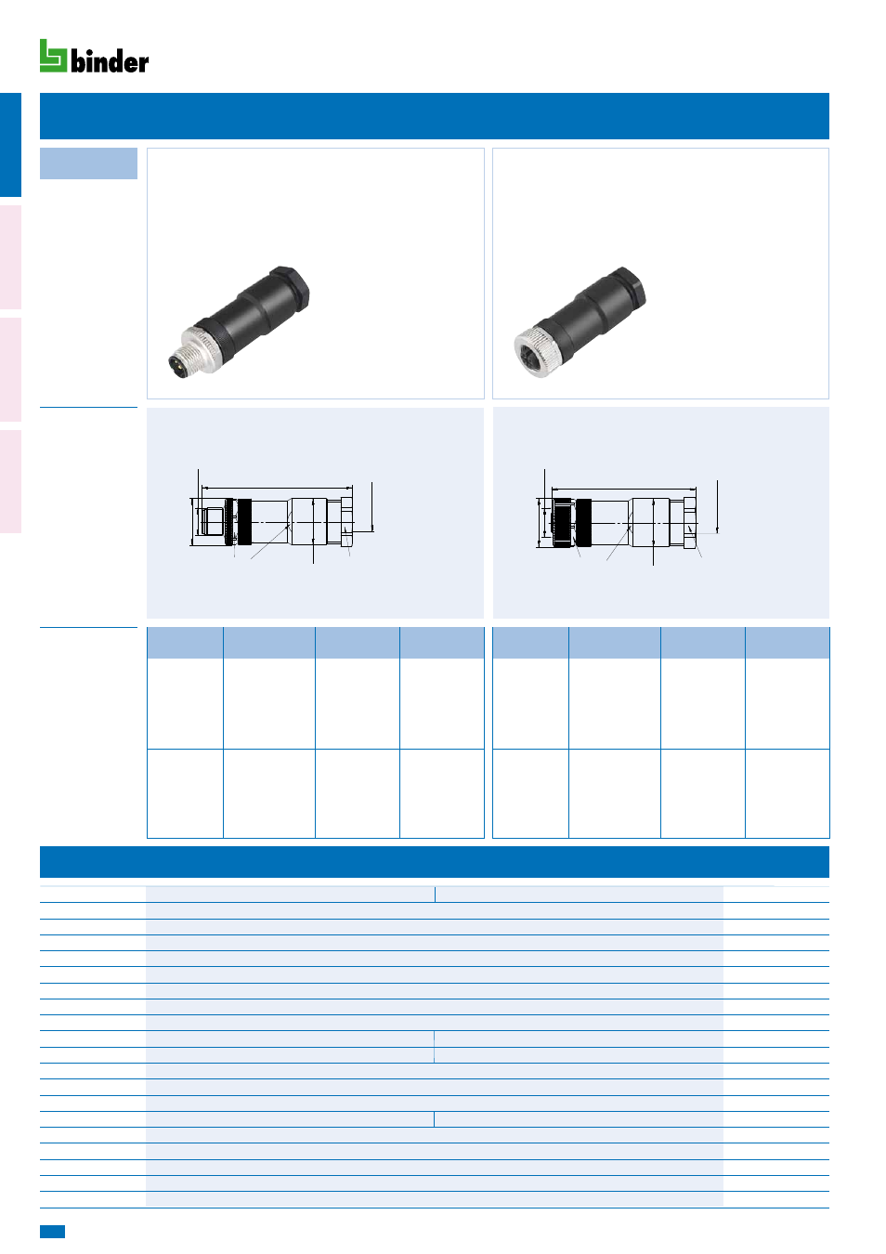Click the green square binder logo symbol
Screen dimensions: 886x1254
click(x=53, y=56)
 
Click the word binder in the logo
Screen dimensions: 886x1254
click(x=110, y=61)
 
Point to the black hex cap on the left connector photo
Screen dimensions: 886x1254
click(x=290, y=287)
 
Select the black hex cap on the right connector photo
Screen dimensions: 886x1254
click(x=628, y=288)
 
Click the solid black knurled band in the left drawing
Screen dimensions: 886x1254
click(x=244, y=521)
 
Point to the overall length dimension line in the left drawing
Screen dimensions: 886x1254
click(x=277, y=488)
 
